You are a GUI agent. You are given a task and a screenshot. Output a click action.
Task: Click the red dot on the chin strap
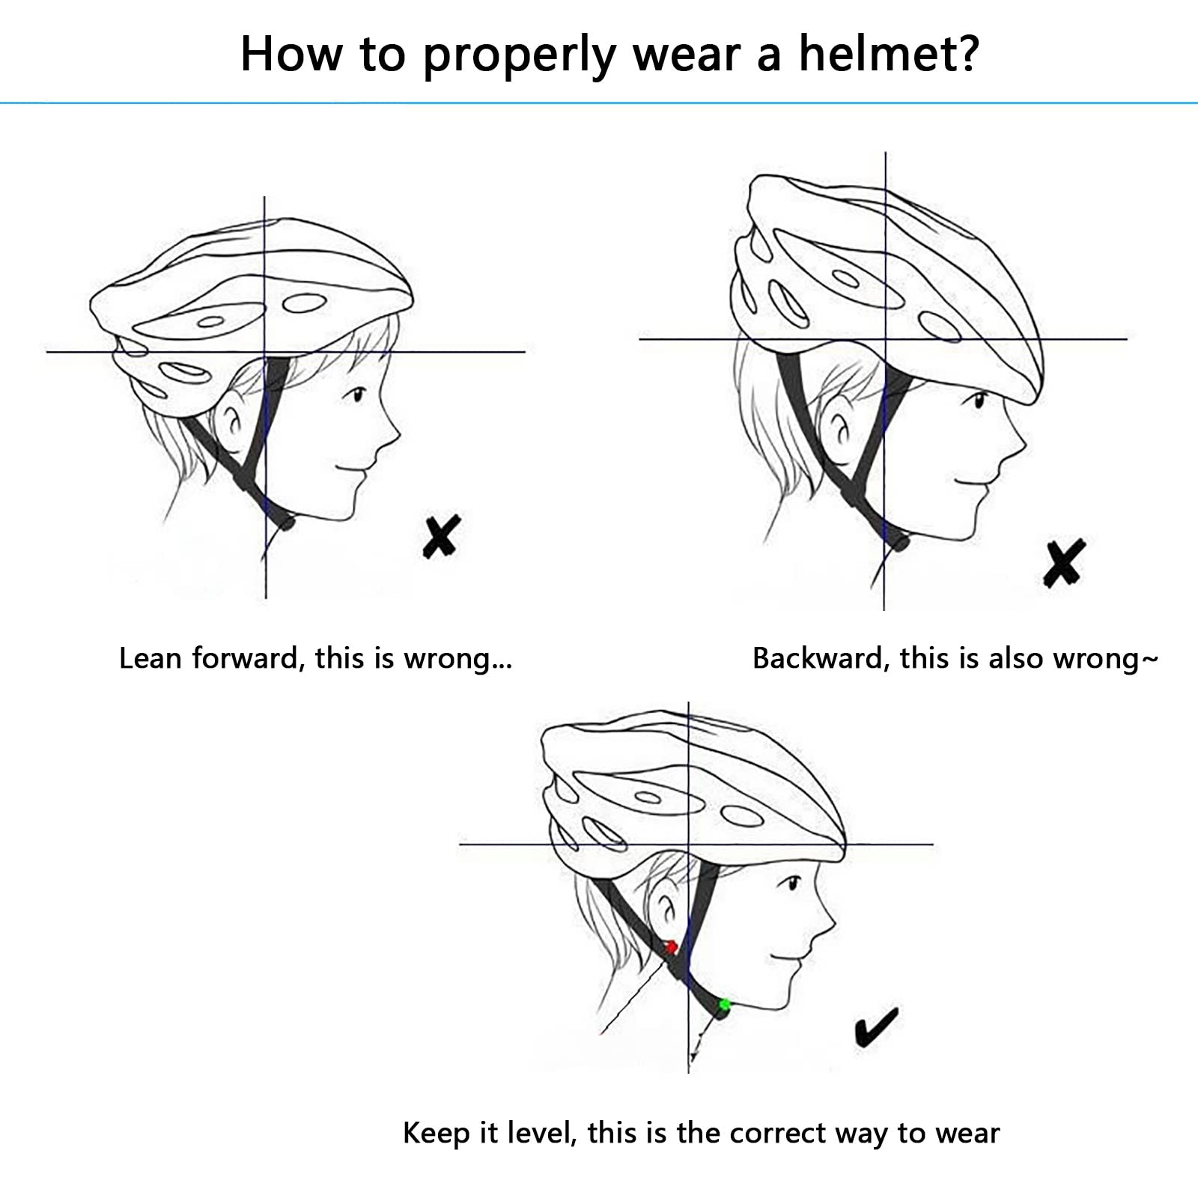tap(672, 947)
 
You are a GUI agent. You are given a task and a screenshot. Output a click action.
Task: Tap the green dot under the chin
tap(724, 1004)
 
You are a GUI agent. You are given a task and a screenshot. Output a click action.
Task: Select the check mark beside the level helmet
tap(876, 1027)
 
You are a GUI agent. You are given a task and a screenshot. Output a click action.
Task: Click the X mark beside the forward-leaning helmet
tap(441, 536)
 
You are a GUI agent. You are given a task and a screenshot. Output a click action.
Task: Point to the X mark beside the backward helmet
tap(1064, 562)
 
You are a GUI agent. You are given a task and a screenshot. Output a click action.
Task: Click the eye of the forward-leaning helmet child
tap(359, 394)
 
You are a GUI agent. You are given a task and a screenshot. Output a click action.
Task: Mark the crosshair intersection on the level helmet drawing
tap(688, 845)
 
